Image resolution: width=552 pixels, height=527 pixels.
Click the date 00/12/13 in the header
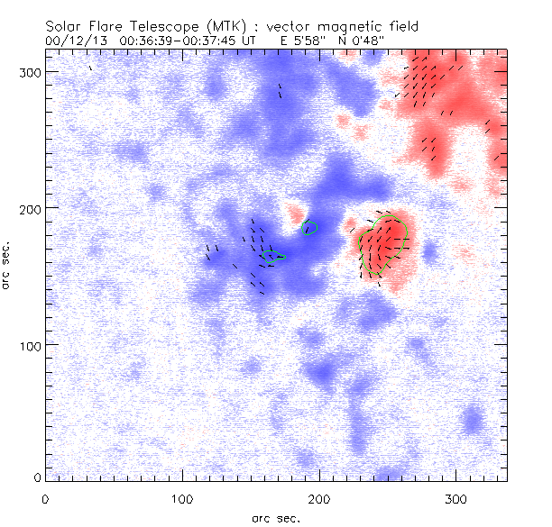(x=75, y=41)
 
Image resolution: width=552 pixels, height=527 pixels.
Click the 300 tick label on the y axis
(x=29, y=71)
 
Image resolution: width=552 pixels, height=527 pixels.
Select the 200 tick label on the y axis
(x=29, y=208)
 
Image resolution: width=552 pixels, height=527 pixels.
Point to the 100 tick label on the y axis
(x=29, y=345)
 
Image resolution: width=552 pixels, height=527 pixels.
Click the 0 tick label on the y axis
(x=37, y=477)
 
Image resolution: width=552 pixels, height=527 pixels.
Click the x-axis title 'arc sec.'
(x=276, y=517)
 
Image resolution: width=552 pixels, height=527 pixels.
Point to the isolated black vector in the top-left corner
(x=90, y=68)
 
